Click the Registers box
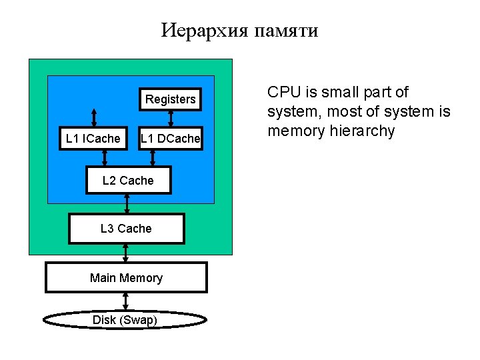[171, 99]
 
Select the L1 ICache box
[93, 139]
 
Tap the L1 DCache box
[169, 139]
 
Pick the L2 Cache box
[128, 181]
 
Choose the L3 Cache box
[126, 229]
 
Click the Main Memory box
[126, 278]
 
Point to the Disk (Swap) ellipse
[125, 320]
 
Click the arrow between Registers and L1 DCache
[171, 118]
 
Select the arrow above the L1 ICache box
[94, 118]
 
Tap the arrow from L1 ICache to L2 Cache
[105, 158]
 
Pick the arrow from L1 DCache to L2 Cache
[153, 158]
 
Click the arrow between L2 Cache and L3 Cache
[127, 203]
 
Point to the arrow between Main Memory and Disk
[125, 301]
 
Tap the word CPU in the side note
[282, 92]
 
